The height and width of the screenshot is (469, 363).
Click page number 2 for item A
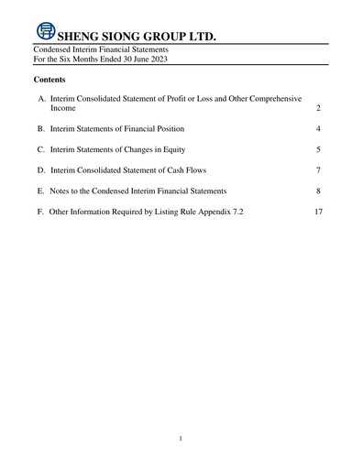click(317, 108)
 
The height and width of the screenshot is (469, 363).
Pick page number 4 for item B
click(317, 128)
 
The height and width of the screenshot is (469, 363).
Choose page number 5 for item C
click(317, 148)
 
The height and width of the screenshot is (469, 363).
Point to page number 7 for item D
click(317, 169)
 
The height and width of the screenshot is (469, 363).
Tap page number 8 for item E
click(317, 191)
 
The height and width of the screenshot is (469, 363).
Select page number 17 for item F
click(317, 212)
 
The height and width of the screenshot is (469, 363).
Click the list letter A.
click(42, 97)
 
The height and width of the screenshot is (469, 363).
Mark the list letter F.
click(41, 212)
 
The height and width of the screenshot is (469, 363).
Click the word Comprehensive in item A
click(277, 97)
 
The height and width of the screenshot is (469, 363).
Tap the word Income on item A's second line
click(63, 108)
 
